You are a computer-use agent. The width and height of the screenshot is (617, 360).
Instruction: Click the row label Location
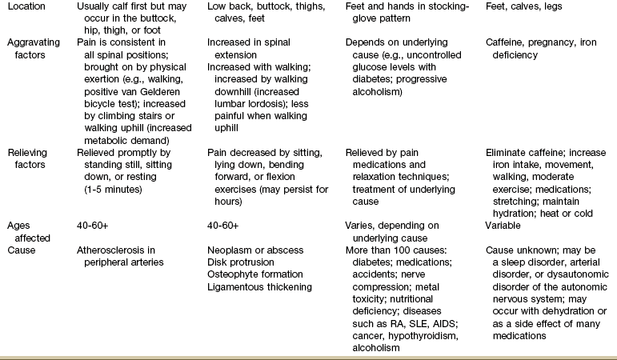click(x=26, y=6)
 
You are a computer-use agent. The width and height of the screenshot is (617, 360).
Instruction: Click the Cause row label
click(x=21, y=250)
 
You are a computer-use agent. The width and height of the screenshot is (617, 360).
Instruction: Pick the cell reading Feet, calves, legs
click(x=524, y=6)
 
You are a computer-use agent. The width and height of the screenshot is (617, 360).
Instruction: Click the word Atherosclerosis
click(x=113, y=250)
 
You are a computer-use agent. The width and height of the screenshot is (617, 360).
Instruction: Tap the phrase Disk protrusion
click(x=241, y=262)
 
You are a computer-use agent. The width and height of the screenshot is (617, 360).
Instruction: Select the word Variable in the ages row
click(x=506, y=226)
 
